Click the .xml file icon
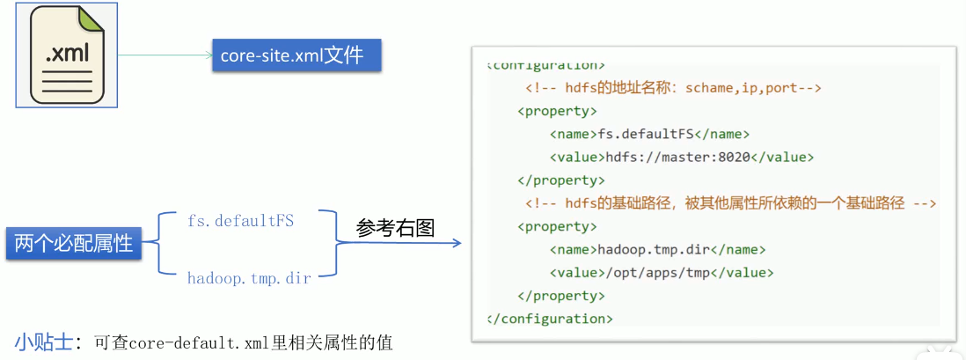coord(67,55)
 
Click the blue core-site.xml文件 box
coord(296,56)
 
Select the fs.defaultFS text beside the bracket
coord(240,220)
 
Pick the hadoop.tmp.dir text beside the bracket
coord(249,277)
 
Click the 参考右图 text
coord(396,228)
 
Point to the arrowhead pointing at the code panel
coord(456,244)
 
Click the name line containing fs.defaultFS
coord(649,135)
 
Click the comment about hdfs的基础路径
coord(730,203)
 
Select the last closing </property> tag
coord(561,296)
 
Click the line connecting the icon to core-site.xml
coord(165,56)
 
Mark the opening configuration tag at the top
coord(546,65)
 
